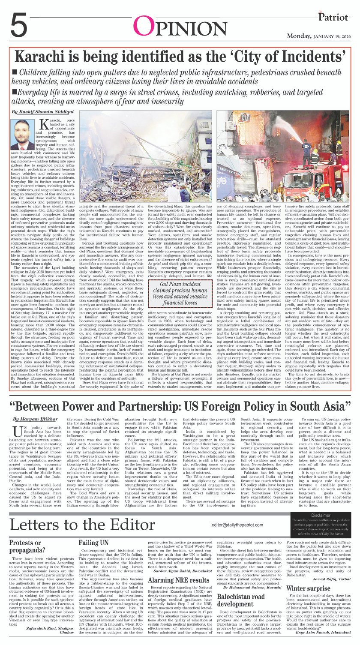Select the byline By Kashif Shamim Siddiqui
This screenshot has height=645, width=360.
point(43,111)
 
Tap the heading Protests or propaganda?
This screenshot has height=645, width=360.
point(30,546)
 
